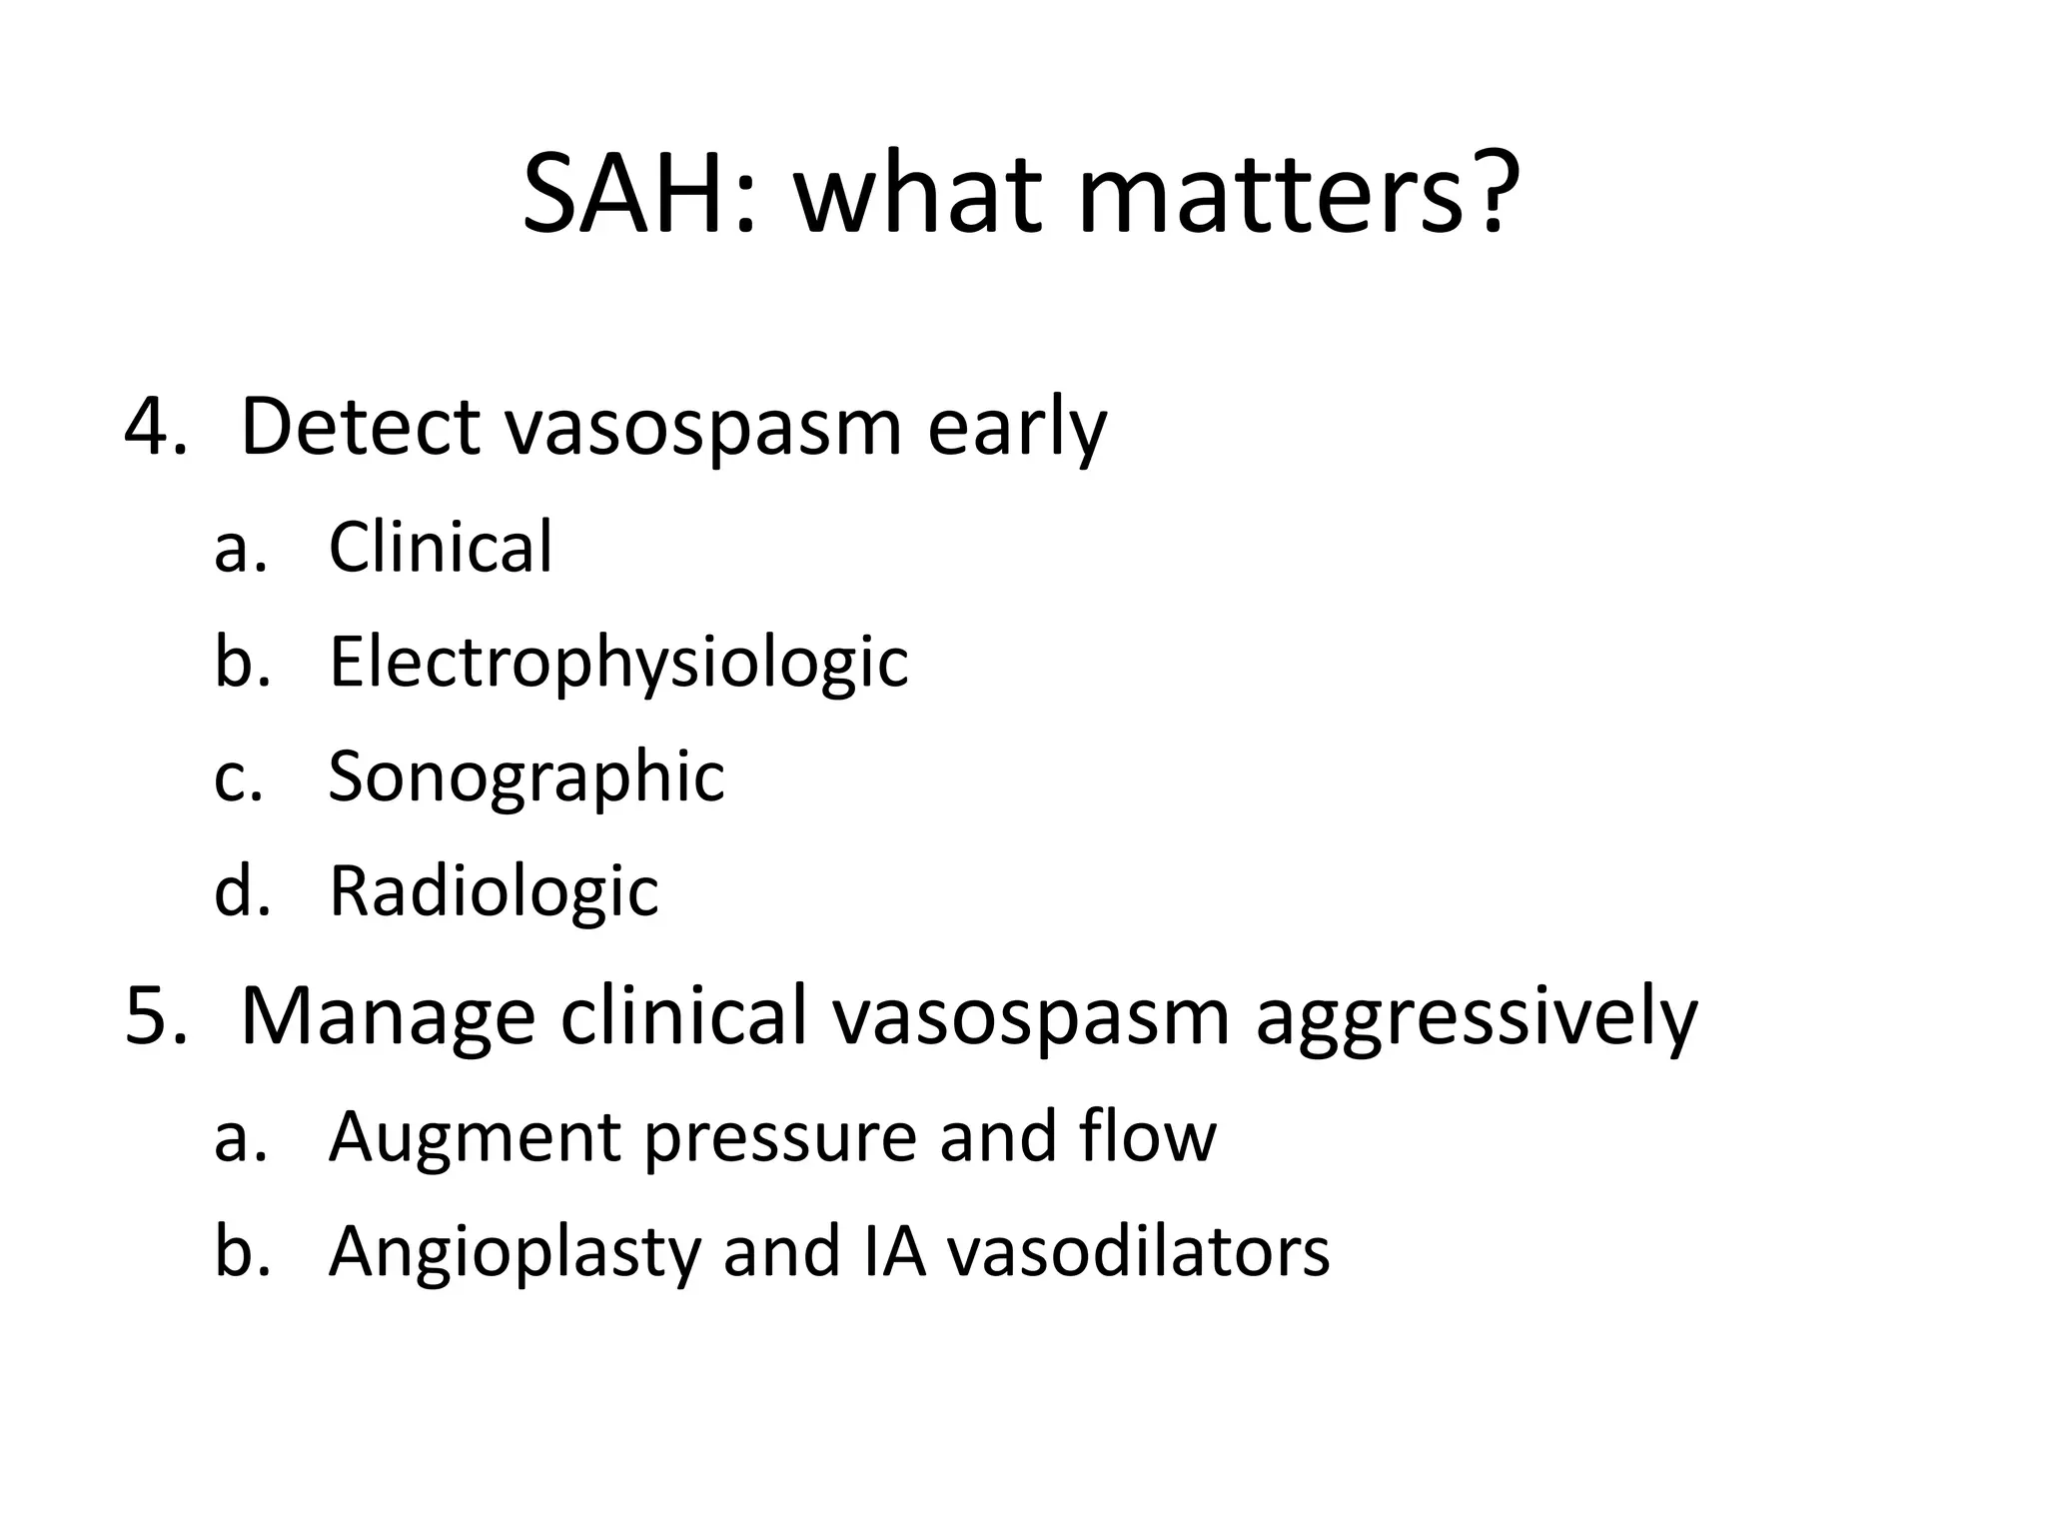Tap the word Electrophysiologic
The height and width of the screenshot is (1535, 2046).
(x=618, y=664)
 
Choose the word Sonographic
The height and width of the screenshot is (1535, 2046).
(x=525, y=777)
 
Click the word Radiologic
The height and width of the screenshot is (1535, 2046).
(x=494, y=890)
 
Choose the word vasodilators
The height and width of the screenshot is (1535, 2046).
(x=1138, y=1251)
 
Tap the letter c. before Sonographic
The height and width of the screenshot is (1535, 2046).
(x=239, y=778)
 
